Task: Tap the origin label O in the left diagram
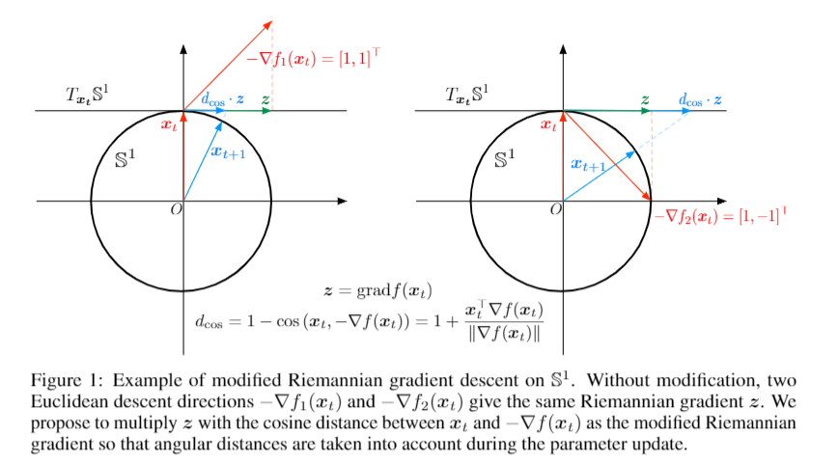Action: [176, 211]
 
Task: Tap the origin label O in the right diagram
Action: [555, 211]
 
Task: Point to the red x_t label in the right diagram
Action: [548, 124]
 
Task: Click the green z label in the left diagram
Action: [265, 98]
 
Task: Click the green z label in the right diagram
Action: [644, 98]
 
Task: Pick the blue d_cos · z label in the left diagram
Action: [222, 98]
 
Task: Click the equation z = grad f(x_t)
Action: [378, 289]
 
